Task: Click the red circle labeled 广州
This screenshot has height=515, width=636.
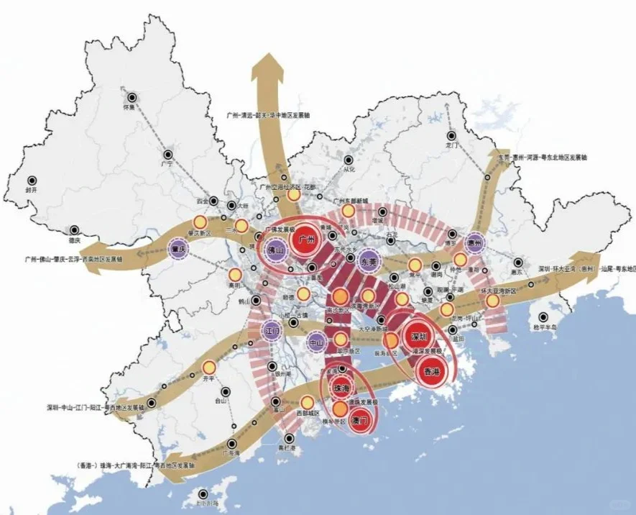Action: tap(303, 240)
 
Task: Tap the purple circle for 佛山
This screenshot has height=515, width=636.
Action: tap(275, 249)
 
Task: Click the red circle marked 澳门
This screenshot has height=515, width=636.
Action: tap(364, 419)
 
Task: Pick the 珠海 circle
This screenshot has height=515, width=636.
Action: tap(341, 388)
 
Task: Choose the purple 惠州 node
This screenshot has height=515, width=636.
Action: tap(474, 242)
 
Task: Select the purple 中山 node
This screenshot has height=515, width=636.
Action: tap(318, 342)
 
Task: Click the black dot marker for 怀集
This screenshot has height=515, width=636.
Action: tap(132, 98)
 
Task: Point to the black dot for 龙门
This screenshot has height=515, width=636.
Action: tap(451, 135)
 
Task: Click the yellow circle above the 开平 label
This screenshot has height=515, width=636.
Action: tap(209, 366)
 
